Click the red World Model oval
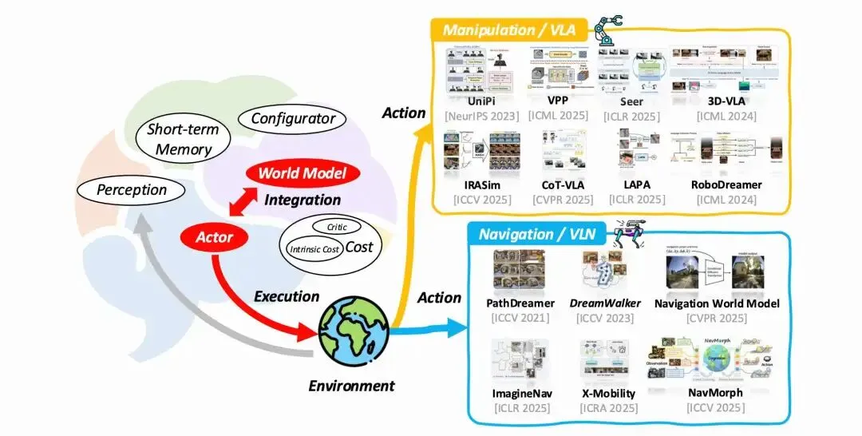tap(303, 173)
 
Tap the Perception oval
tap(132, 190)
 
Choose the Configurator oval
tap(293, 118)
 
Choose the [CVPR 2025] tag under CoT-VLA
tap(562, 200)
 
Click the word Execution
tap(286, 296)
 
